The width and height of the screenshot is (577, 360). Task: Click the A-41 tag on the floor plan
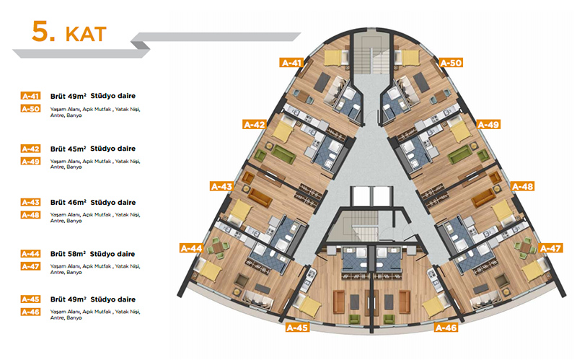(x=291, y=63)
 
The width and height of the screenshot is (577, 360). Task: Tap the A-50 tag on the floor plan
(x=451, y=63)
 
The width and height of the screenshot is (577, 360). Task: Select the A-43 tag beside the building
(x=221, y=186)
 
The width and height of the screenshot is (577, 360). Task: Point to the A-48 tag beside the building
(x=522, y=186)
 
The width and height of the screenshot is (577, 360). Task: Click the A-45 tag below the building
(x=297, y=328)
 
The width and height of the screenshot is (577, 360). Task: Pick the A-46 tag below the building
(x=446, y=328)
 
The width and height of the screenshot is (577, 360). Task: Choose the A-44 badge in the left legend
(x=30, y=254)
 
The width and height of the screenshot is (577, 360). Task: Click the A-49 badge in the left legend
(x=30, y=161)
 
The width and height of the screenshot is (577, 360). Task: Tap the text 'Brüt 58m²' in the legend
(x=68, y=254)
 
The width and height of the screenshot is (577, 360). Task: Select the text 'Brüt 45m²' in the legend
(x=68, y=149)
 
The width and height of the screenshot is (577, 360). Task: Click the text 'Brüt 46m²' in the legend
(x=68, y=203)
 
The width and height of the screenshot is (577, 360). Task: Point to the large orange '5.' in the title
(x=43, y=31)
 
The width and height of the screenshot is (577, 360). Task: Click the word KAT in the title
(x=86, y=34)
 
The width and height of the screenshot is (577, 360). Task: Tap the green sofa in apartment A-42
(x=283, y=154)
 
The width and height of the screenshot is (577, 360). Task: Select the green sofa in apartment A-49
(x=460, y=154)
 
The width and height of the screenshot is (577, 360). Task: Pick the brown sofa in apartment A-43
(x=260, y=198)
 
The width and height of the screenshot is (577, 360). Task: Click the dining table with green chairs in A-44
(x=218, y=246)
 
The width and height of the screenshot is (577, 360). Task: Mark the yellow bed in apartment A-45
(x=309, y=304)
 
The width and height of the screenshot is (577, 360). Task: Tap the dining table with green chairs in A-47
(x=526, y=246)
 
